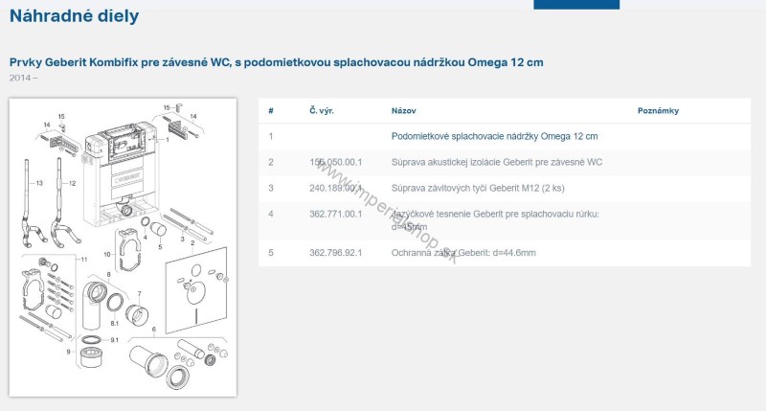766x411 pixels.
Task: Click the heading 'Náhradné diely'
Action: (x=74, y=16)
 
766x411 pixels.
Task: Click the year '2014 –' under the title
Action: (x=24, y=77)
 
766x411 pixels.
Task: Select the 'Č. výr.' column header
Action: (x=321, y=111)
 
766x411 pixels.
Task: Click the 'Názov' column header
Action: (x=404, y=111)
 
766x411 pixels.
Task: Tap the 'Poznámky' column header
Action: (x=658, y=111)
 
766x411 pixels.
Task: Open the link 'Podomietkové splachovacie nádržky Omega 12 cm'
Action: (x=494, y=137)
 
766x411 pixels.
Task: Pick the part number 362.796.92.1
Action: (x=335, y=253)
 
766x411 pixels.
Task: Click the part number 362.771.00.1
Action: (x=335, y=214)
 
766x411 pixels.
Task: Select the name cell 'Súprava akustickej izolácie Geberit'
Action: (x=497, y=163)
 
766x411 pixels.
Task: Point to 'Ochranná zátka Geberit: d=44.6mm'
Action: (x=463, y=253)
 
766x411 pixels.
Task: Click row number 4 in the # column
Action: (x=271, y=214)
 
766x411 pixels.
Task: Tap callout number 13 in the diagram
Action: (x=40, y=182)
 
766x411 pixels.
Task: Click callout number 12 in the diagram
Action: (x=73, y=182)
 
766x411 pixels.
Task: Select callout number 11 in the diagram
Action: (x=83, y=260)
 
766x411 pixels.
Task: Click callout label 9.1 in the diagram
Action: (x=114, y=340)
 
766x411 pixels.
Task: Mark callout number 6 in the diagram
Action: (x=152, y=330)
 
